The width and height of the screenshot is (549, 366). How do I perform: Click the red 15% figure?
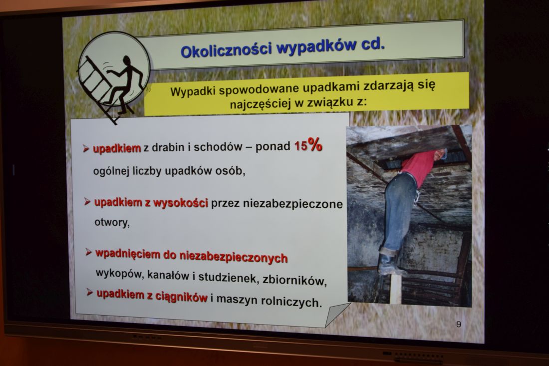[308, 145]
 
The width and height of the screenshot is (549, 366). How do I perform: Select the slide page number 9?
[459, 325]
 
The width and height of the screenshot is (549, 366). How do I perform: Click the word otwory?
[112, 223]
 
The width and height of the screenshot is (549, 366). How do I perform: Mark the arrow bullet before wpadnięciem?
[89, 252]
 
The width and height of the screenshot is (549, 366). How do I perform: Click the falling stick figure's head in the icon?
[126, 60]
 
